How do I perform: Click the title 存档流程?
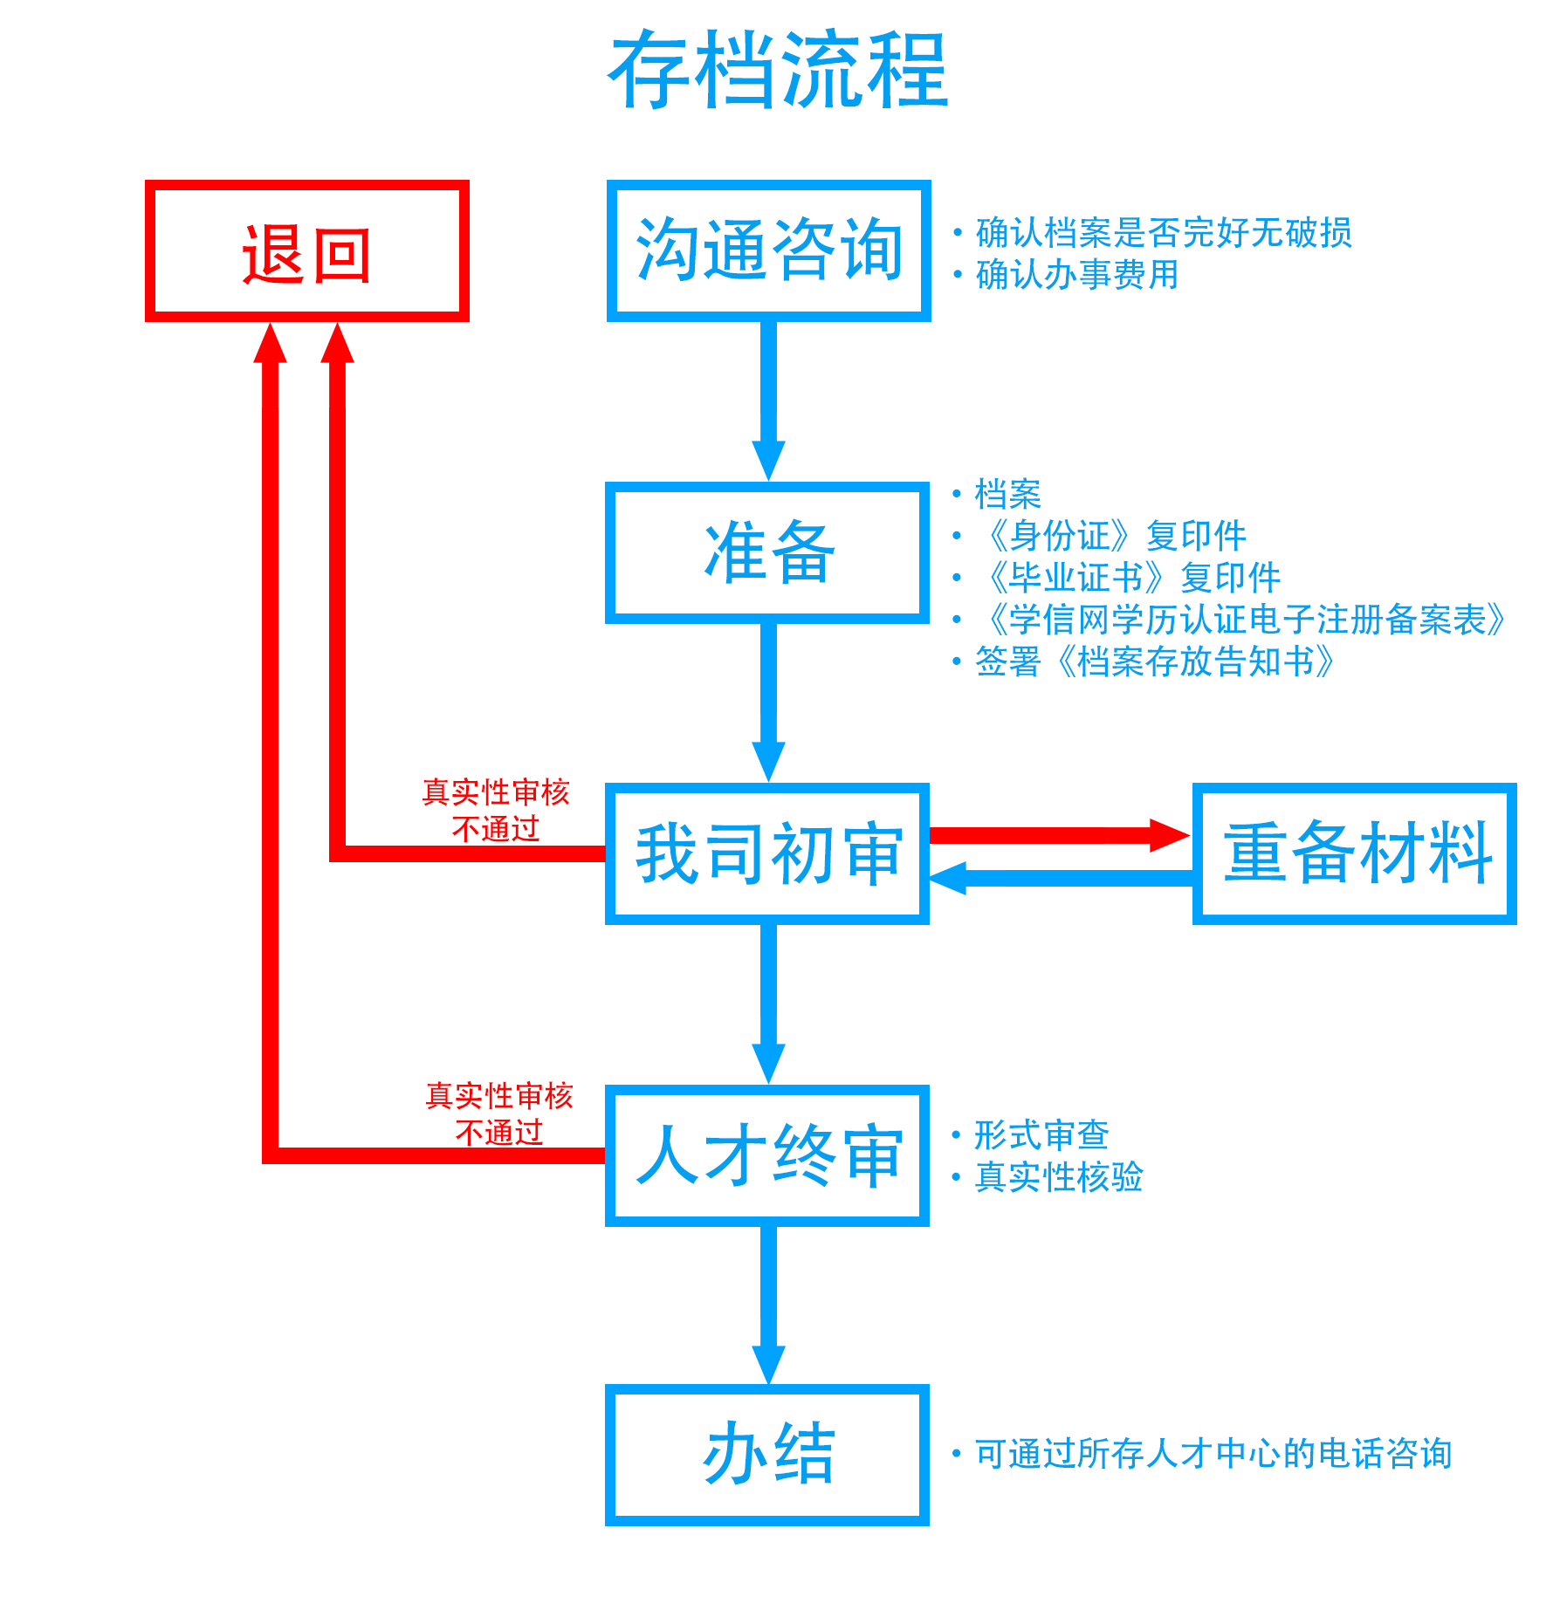777,70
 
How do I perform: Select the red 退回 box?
306,251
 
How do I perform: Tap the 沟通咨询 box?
768,251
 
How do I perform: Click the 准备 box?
767,552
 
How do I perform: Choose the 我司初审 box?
767,853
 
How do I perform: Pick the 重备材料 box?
1354,853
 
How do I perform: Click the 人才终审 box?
767,1155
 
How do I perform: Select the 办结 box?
767,1454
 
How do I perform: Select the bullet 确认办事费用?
1076,275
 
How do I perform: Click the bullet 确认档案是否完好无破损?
1163,233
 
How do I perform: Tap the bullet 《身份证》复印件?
1115,536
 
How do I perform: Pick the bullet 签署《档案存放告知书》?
1154,661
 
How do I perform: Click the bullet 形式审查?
1041,1135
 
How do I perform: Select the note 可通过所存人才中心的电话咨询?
1212,1454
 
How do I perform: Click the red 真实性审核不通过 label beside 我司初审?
496,810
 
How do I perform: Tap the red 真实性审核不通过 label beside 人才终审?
498,1114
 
